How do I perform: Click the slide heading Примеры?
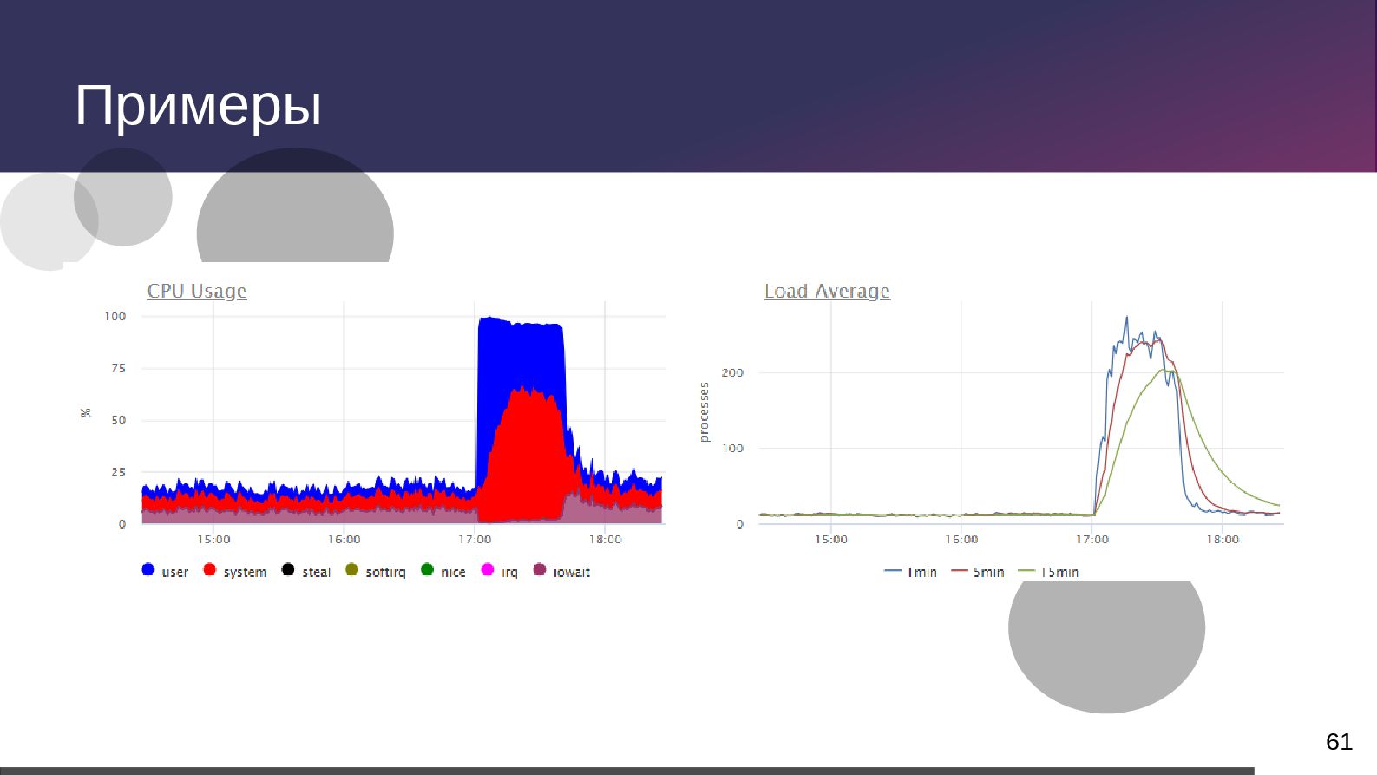point(198,106)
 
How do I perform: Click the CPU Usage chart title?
point(197,292)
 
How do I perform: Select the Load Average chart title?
point(827,292)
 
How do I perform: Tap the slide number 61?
point(1339,742)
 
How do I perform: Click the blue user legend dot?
point(148,570)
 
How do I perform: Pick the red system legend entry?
point(235,572)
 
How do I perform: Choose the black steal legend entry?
point(306,572)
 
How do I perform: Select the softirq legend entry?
point(376,572)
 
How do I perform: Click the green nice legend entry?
point(443,572)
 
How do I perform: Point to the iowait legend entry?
point(561,572)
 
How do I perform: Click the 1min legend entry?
point(911,573)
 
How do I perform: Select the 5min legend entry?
point(978,573)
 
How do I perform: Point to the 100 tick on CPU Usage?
point(115,316)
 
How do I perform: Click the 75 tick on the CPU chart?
point(118,368)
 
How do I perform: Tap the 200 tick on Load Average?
point(732,373)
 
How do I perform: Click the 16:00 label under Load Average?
point(961,540)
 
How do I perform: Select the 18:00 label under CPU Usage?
point(605,540)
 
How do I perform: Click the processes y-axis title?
point(705,412)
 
